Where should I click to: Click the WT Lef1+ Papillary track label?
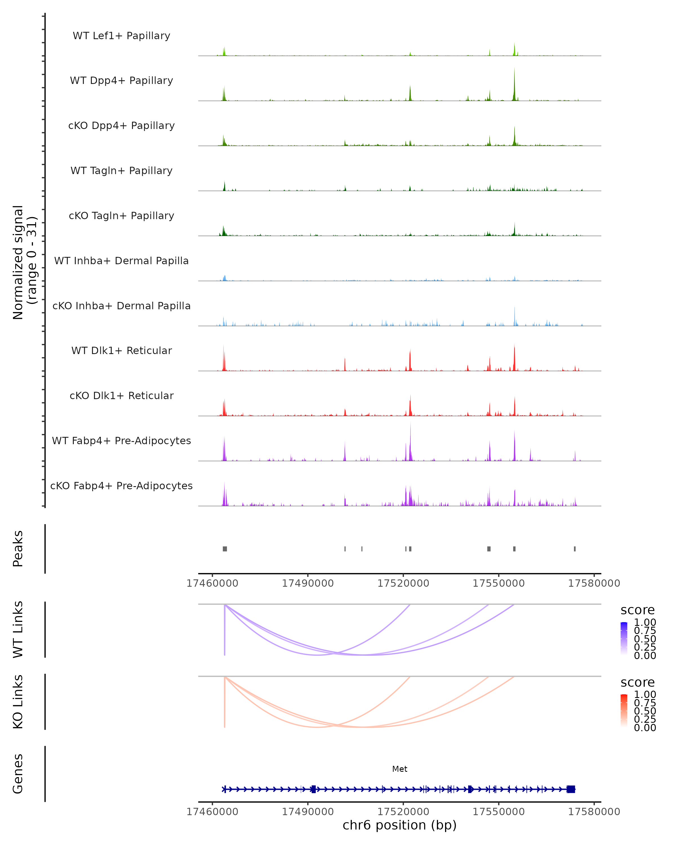click(x=121, y=36)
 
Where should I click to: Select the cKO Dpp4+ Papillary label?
click(x=121, y=125)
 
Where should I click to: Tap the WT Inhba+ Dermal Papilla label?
click(x=121, y=261)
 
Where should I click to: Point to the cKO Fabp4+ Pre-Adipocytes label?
click(x=121, y=486)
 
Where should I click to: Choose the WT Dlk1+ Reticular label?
click(x=121, y=350)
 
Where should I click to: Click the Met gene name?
click(x=400, y=769)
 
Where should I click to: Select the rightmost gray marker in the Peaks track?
click(x=575, y=549)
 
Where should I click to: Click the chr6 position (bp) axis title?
click(x=400, y=825)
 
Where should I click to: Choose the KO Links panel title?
click(x=18, y=702)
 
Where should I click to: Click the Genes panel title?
click(x=18, y=774)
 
